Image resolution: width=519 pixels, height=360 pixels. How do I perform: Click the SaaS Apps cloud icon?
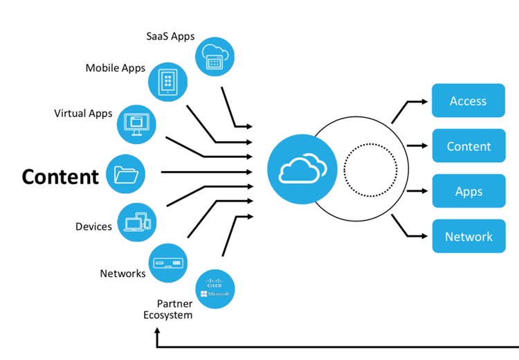point(215,57)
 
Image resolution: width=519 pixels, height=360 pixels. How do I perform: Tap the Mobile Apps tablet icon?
point(168,82)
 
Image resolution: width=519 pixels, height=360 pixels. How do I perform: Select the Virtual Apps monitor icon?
point(136,125)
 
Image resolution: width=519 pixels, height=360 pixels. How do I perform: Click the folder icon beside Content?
point(125,174)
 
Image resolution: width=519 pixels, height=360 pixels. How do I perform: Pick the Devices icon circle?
point(137,222)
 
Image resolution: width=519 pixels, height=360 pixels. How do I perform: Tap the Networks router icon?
point(168,263)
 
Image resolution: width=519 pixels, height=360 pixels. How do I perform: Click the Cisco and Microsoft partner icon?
point(215,289)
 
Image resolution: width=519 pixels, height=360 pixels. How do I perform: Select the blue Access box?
point(468,100)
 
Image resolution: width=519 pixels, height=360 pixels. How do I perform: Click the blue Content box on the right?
point(468,145)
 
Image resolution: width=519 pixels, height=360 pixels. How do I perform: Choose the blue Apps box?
point(468,191)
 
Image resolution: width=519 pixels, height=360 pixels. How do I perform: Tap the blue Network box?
point(468,236)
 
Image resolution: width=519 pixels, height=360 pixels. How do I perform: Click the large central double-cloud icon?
point(302,169)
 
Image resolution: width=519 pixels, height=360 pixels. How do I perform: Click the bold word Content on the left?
point(60,177)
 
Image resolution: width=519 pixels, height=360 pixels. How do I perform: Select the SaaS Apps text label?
point(170,37)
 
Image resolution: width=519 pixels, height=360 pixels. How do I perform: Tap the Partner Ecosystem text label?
point(168,309)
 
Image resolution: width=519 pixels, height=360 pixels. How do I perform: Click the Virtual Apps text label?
point(83,114)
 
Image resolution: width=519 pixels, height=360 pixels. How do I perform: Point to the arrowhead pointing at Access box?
point(425,102)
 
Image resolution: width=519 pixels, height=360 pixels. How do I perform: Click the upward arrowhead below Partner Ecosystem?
point(158,330)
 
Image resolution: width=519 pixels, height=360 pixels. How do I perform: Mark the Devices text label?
point(93,226)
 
